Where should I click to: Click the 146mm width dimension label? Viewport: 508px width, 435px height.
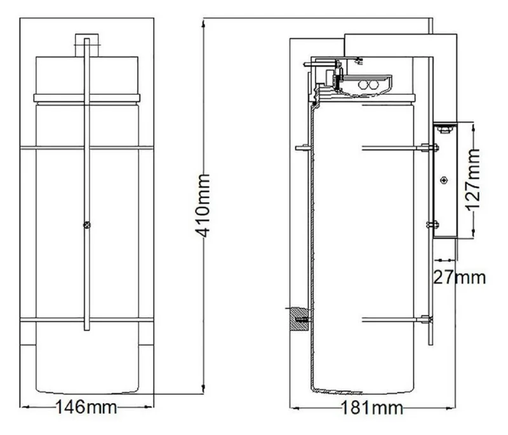pos(86,407)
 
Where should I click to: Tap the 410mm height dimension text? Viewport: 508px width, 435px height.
pos(203,205)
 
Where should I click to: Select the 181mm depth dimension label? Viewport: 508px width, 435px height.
pos(372,408)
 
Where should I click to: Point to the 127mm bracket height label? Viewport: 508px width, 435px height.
pos(473,180)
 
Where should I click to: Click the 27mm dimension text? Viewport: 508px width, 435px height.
pos(459,277)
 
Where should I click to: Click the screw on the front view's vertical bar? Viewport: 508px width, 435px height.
pos(86,224)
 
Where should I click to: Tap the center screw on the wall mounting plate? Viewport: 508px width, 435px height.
pos(444,180)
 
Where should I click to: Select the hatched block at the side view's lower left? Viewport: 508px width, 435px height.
pos(299,319)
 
